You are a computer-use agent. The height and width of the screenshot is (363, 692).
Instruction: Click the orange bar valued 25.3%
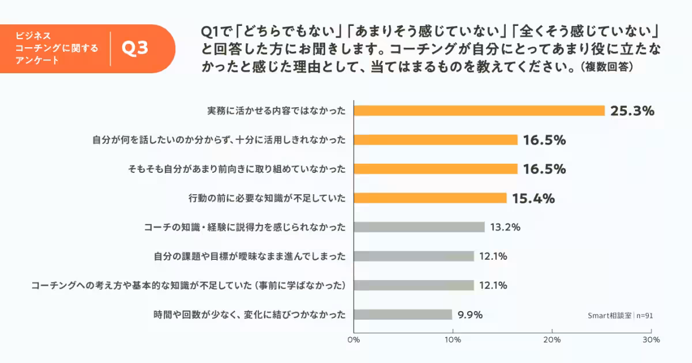pyautogui.click(x=479, y=111)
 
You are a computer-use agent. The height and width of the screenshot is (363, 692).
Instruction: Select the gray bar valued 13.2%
pyautogui.click(x=419, y=227)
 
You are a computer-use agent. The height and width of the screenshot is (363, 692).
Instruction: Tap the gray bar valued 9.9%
pyautogui.click(x=403, y=315)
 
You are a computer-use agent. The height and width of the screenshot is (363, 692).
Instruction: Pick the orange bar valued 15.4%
pyautogui.click(x=430, y=198)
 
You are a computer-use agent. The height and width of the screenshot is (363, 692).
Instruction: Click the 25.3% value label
pyautogui.click(x=632, y=111)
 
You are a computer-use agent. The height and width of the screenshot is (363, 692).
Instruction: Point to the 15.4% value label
pyautogui.click(x=533, y=198)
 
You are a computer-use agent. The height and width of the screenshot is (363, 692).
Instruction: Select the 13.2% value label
pyautogui.click(x=505, y=227)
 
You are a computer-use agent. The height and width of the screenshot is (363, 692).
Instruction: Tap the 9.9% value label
pyautogui.click(x=470, y=315)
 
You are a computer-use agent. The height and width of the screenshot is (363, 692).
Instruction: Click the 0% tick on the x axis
pyautogui.click(x=353, y=340)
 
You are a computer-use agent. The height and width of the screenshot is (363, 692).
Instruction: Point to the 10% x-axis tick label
pyautogui.click(x=453, y=340)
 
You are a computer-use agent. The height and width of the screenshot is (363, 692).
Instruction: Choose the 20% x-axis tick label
pyautogui.click(x=552, y=340)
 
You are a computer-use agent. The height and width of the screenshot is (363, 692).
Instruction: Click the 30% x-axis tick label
pyautogui.click(x=651, y=340)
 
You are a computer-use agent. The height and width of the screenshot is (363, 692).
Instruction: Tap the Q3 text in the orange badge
pyautogui.click(x=135, y=48)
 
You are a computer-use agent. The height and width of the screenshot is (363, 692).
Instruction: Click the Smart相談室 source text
pyautogui.click(x=609, y=315)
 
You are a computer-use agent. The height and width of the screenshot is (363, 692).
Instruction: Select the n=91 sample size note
pyautogui.click(x=645, y=315)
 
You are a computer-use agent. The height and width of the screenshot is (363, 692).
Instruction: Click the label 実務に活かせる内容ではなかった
pyautogui.click(x=276, y=111)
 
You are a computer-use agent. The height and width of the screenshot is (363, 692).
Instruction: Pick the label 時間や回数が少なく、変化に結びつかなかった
pyautogui.click(x=250, y=315)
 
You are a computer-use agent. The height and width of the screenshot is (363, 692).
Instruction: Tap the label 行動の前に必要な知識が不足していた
pyautogui.click(x=267, y=198)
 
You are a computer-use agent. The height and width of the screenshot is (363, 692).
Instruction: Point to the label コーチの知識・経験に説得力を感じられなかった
pyautogui.click(x=245, y=227)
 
